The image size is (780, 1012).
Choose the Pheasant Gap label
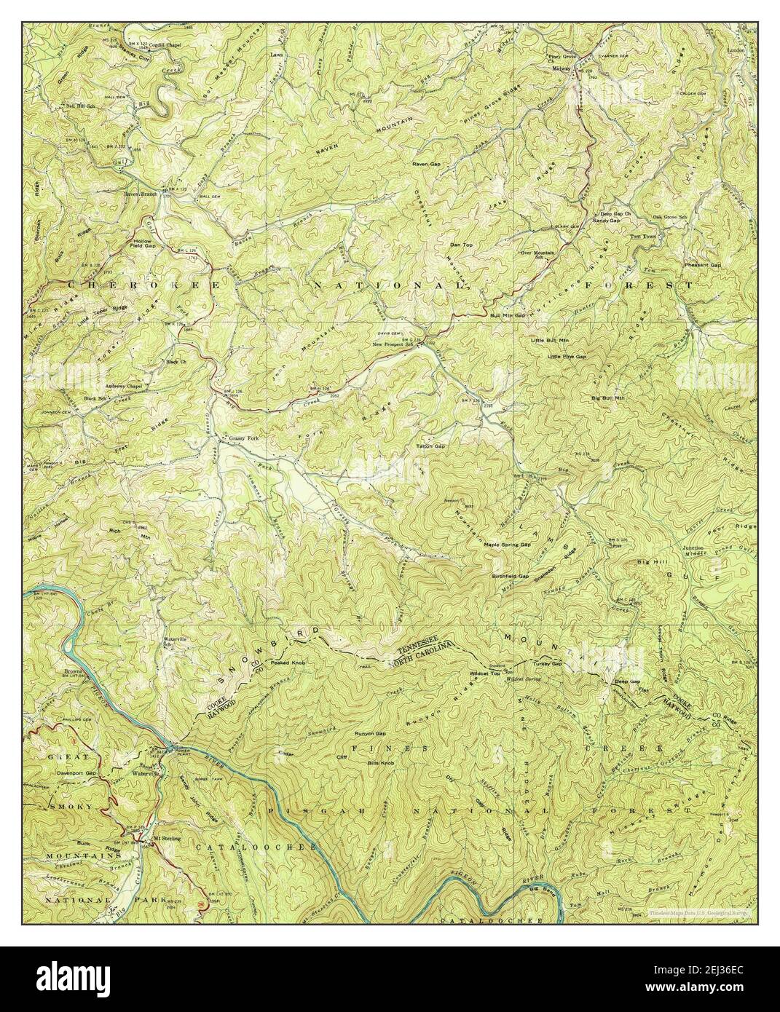coord(702,265)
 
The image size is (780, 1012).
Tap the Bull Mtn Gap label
coord(508,315)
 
